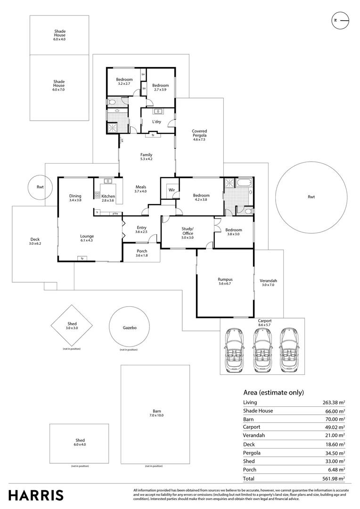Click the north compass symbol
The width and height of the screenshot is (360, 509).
(x=340, y=20)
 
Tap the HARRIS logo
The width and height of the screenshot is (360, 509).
(x=35, y=495)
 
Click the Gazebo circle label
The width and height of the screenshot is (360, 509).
(x=130, y=328)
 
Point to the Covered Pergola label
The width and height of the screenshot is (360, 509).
(x=199, y=135)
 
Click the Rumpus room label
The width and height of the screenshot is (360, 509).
(x=225, y=282)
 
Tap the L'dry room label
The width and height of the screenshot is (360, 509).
(x=157, y=121)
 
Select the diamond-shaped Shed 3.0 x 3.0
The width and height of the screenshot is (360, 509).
(x=72, y=326)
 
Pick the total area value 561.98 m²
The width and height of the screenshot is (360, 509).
(x=333, y=478)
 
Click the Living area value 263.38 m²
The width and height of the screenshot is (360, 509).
(x=333, y=402)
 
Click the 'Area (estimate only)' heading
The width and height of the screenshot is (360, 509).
(x=273, y=392)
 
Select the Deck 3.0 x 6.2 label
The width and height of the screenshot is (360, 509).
(x=36, y=242)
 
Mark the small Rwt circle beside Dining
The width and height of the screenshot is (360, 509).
(x=40, y=187)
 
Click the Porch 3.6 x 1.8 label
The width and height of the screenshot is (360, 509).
(x=141, y=253)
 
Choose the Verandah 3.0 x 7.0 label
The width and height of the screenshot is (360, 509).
(x=269, y=283)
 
